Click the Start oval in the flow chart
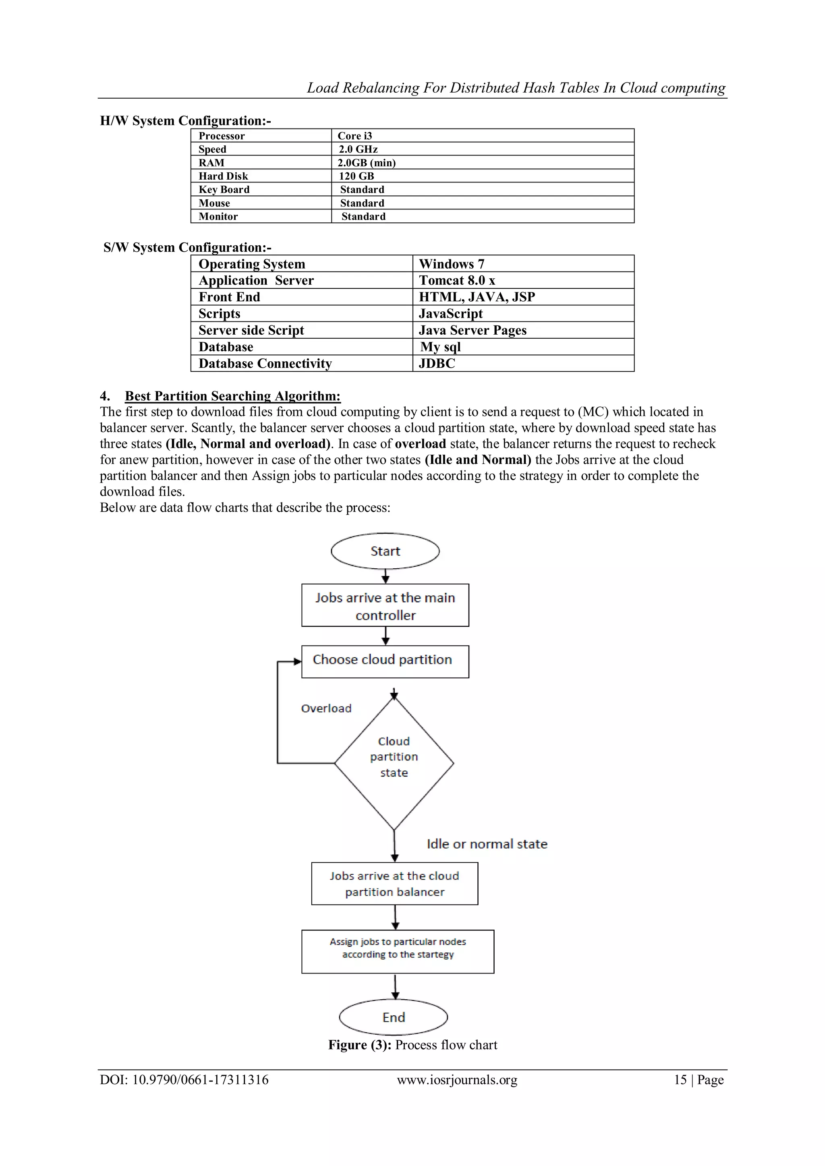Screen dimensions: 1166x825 point(385,551)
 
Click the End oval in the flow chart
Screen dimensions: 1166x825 point(393,1017)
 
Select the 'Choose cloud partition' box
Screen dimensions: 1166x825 point(385,661)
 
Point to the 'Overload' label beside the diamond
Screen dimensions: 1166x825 point(326,708)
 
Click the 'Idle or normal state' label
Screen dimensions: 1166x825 point(487,844)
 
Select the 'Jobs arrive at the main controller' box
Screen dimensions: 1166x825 point(385,605)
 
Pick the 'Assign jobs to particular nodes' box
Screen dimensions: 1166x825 point(398,951)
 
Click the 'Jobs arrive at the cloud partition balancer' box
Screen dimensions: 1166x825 point(395,884)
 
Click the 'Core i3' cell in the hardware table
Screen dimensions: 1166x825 point(355,136)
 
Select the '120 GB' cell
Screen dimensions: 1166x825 point(357,176)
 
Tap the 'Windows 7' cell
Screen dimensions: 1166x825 point(452,264)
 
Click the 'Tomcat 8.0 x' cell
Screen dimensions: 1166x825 point(457,280)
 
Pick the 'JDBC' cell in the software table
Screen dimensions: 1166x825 point(437,364)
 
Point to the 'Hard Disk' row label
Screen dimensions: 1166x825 point(224,176)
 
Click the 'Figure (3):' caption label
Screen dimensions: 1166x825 point(360,1045)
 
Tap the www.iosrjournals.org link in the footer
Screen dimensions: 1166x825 point(457,1080)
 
